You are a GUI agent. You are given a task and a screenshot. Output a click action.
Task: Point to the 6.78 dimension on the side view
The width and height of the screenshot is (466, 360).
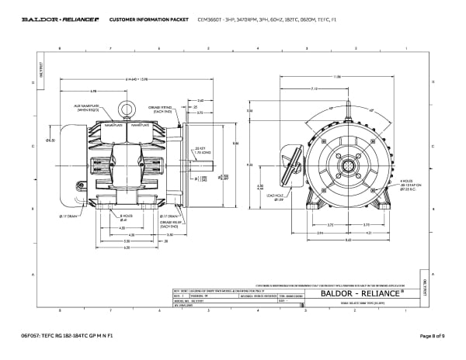click(x=92, y=91)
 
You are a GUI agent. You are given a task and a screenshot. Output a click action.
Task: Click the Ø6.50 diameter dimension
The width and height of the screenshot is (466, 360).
click(x=50, y=140)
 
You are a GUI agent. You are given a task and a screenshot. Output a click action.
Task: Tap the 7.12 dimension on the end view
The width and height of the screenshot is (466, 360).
click(x=315, y=89)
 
